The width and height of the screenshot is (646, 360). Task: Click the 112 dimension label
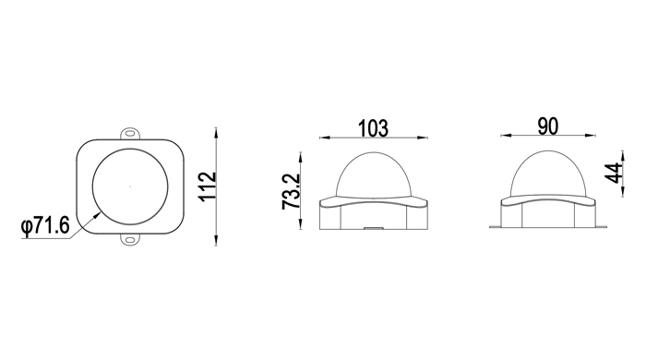[x=208, y=186]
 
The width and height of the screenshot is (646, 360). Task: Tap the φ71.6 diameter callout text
[x=45, y=225]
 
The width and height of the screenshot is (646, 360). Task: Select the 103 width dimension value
[x=373, y=128]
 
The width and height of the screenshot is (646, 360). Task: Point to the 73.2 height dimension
[x=292, y=191]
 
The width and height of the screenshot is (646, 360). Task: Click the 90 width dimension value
[x=548, y=126]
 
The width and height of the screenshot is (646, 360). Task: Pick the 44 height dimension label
[x=613, y=173]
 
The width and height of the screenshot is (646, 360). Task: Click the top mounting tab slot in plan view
[x=130, y=134]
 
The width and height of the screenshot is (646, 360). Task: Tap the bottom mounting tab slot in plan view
[x=130, y=240]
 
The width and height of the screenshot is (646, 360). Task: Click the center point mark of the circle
[x=130, y=186]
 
